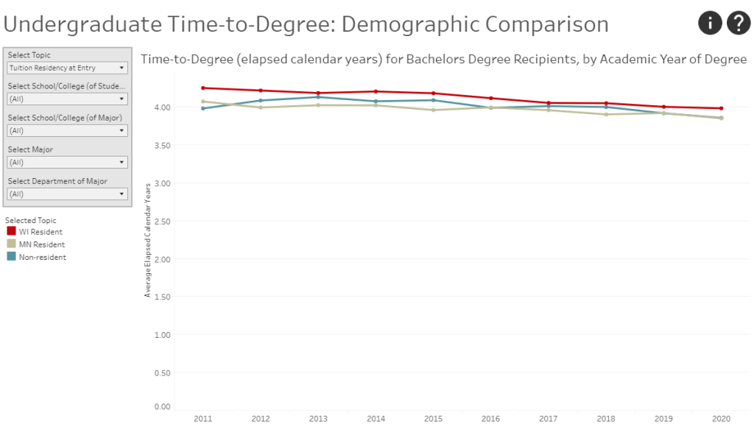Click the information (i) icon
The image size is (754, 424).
[710, 24]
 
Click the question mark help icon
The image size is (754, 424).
[738, 24]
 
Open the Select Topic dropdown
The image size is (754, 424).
[67, 68]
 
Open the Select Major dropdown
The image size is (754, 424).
[67, 162]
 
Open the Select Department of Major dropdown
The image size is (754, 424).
[67, 194]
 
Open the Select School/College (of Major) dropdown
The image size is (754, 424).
[67, 130]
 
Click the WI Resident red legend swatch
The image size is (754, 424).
[11, 231]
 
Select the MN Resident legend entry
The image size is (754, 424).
[42, 244]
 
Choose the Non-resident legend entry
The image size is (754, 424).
[43, 257]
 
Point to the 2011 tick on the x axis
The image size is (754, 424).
[202, 418]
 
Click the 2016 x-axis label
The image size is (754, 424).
[490, 418]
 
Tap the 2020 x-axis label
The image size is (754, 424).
[721, 418]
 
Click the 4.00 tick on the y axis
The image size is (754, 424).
[161, 107]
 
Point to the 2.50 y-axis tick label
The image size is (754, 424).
[161, 221]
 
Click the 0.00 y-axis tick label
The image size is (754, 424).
[161, 406]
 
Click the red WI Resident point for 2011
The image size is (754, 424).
[202, 88]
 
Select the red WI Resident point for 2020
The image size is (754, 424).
[721, 108]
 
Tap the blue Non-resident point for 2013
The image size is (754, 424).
[318, 97]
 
